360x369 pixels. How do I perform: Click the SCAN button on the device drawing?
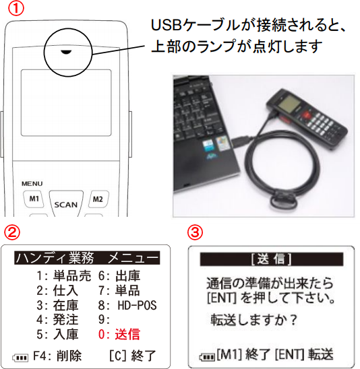[x=66, y=204]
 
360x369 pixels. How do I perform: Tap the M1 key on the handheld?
[x=34, y=199]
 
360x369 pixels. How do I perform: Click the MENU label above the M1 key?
[x=32, y=184]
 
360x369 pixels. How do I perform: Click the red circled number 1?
[x=16, y=9]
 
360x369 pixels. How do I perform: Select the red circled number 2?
[x=11, y=232]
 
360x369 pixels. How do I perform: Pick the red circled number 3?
[x=195, y=232]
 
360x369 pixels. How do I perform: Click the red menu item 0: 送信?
[x=119, y=334]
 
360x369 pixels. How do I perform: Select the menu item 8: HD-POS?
[x=127, y=305]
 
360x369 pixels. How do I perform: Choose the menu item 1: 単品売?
[x=63, y=275]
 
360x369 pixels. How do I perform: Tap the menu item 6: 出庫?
[x=119, y=275]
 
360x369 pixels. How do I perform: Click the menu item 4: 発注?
[x=57, y=320]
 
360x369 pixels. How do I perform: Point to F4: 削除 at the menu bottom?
[x=57, y=356]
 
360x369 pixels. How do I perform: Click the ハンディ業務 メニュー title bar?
[x=87, y=258]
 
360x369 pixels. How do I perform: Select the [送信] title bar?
[x=272, y=259]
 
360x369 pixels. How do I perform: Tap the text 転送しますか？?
[x=253, y=320]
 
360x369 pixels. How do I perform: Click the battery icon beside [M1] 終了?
[x=207, y=357]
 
